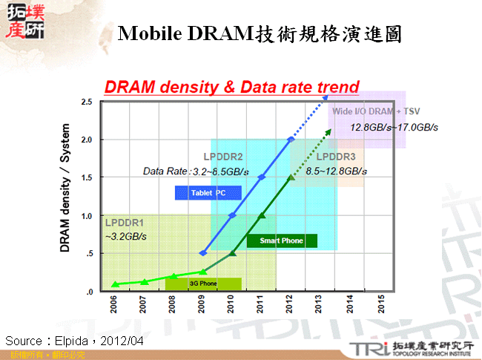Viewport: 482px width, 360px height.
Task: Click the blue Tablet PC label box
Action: pos(208,193)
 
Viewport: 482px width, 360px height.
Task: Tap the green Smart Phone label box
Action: pos(282,240)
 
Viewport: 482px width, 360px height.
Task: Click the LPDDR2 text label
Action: pos(224,157)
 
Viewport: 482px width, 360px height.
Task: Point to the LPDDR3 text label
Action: pos(336,157)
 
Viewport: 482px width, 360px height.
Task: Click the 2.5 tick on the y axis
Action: pos(87,101)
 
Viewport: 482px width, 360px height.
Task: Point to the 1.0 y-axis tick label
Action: pos(87,215)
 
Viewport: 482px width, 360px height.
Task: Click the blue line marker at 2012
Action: pos(291,140)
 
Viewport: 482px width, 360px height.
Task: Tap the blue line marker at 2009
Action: pos(203,253)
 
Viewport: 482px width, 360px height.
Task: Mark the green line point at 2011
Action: pos(262,215)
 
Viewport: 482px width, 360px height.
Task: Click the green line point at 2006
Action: pos(115,284)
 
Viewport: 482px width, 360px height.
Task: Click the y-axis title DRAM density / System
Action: pos(65,195)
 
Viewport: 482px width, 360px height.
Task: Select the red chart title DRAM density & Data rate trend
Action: pos(232,87)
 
